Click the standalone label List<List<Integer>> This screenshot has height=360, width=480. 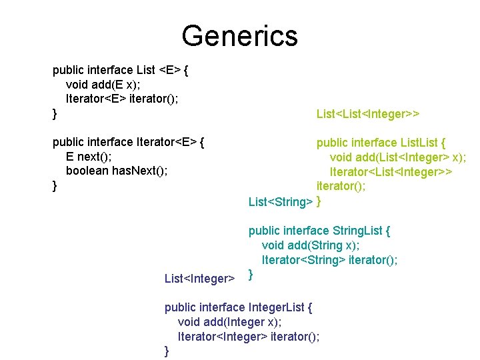pos(367,114)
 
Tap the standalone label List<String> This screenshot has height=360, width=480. pos(280,201)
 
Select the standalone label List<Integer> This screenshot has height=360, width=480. pos(199,278)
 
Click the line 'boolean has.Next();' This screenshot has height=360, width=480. pos(117,171)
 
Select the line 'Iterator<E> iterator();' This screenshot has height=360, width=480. pos(122,99)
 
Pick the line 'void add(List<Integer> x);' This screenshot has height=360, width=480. pos(397,157)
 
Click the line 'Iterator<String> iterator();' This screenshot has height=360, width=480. pos(329,260)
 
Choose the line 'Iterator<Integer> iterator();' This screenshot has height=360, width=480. pos(248,337)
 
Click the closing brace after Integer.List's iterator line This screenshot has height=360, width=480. pos(167,351)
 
